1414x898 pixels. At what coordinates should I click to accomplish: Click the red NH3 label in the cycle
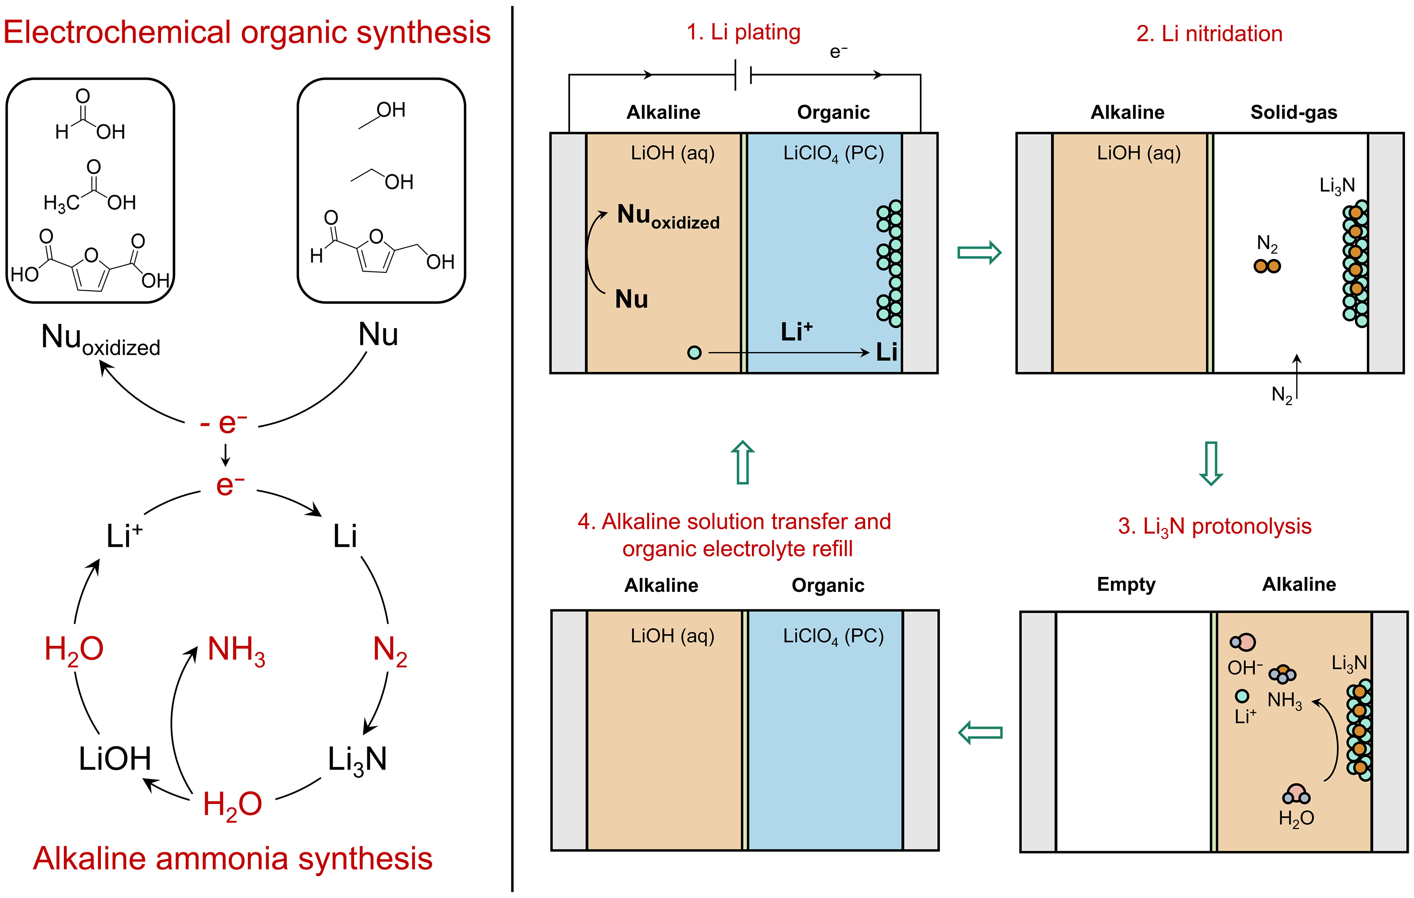pos(236,651)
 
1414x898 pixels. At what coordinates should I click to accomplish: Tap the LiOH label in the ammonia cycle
pos(115,758)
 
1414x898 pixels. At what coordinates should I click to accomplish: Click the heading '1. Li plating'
pos(743,32)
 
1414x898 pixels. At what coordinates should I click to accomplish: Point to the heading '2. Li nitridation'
pos(1209,33)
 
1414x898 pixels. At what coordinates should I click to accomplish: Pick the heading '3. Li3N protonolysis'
pos(1214,526)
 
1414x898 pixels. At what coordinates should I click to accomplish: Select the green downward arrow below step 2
pos(1210,463)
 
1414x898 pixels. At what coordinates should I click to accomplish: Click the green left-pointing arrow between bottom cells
pos(980,732)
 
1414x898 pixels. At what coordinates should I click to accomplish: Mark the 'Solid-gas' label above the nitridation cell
pos(1294,112)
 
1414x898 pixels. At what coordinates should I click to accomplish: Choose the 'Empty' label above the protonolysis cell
pos(1126,584)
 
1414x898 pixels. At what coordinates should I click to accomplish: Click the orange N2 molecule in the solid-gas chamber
pos(1266,267)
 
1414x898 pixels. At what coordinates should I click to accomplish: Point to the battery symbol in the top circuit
pos(743,75)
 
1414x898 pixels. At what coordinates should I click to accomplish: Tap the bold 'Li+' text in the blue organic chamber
pos(796,332)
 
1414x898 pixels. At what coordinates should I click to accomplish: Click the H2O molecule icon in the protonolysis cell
pos(1296,795)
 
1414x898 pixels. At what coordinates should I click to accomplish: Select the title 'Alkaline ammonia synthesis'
pos(232,859)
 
